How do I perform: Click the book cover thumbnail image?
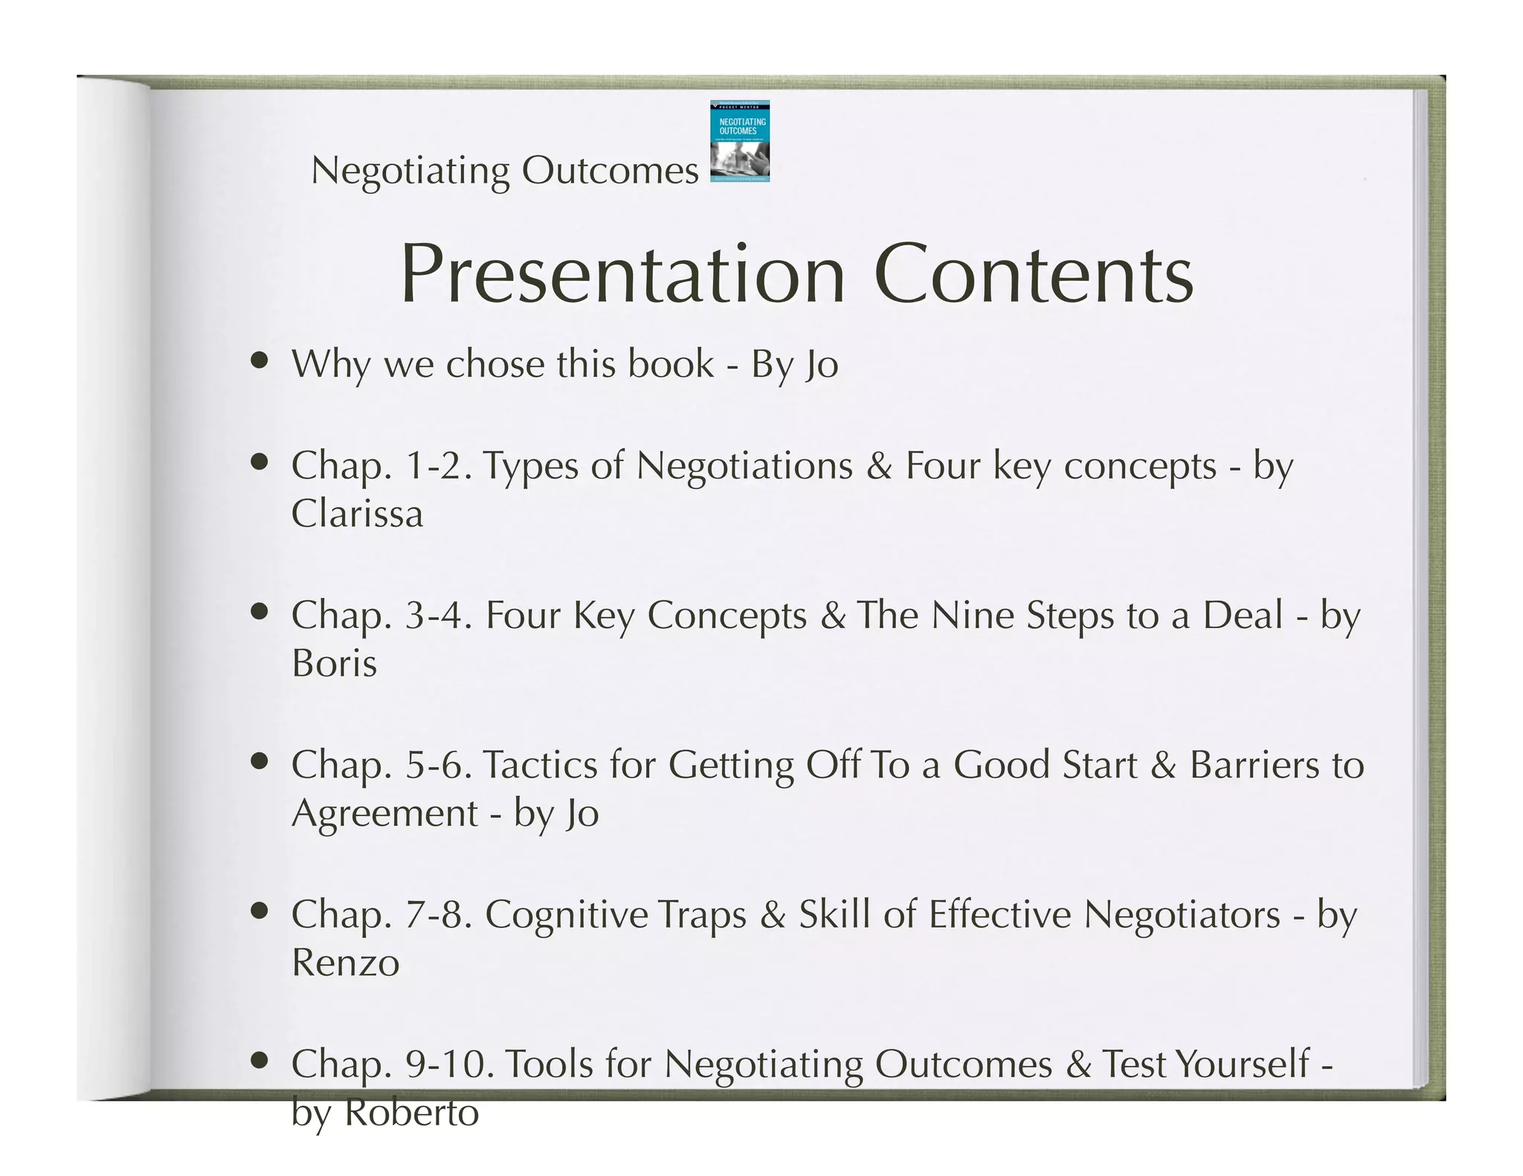coord(739,141)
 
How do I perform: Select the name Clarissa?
coord(357,514)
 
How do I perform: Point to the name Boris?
coord(334,663)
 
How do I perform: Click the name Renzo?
coord(345,963)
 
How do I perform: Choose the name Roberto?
coord(412,1113)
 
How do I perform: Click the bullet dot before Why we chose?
coord(259,361)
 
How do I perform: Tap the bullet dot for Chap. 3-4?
coord(259,612)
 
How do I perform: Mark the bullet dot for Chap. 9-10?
coord(259,1060)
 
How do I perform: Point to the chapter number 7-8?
coord(439,915)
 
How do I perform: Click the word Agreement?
coord(384,814)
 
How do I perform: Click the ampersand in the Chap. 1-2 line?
coord(878,467)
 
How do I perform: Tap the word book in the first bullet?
coord(670,364)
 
